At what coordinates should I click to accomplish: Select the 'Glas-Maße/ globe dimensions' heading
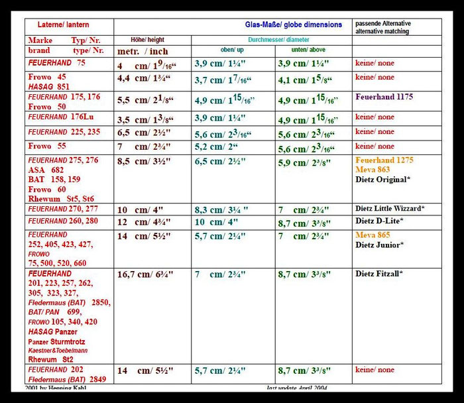click(293, 25)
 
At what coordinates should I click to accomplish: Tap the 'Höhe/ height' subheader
click(147, 40)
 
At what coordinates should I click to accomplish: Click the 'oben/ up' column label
click(232, 50)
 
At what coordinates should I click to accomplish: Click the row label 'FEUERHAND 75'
click(56, 63)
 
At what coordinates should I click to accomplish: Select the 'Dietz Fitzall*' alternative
click(379, 273)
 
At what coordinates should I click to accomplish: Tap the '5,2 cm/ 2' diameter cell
click(217, 146)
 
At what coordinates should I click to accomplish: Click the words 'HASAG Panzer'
click(52, 331)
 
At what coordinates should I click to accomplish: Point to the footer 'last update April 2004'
click(297, 388)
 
